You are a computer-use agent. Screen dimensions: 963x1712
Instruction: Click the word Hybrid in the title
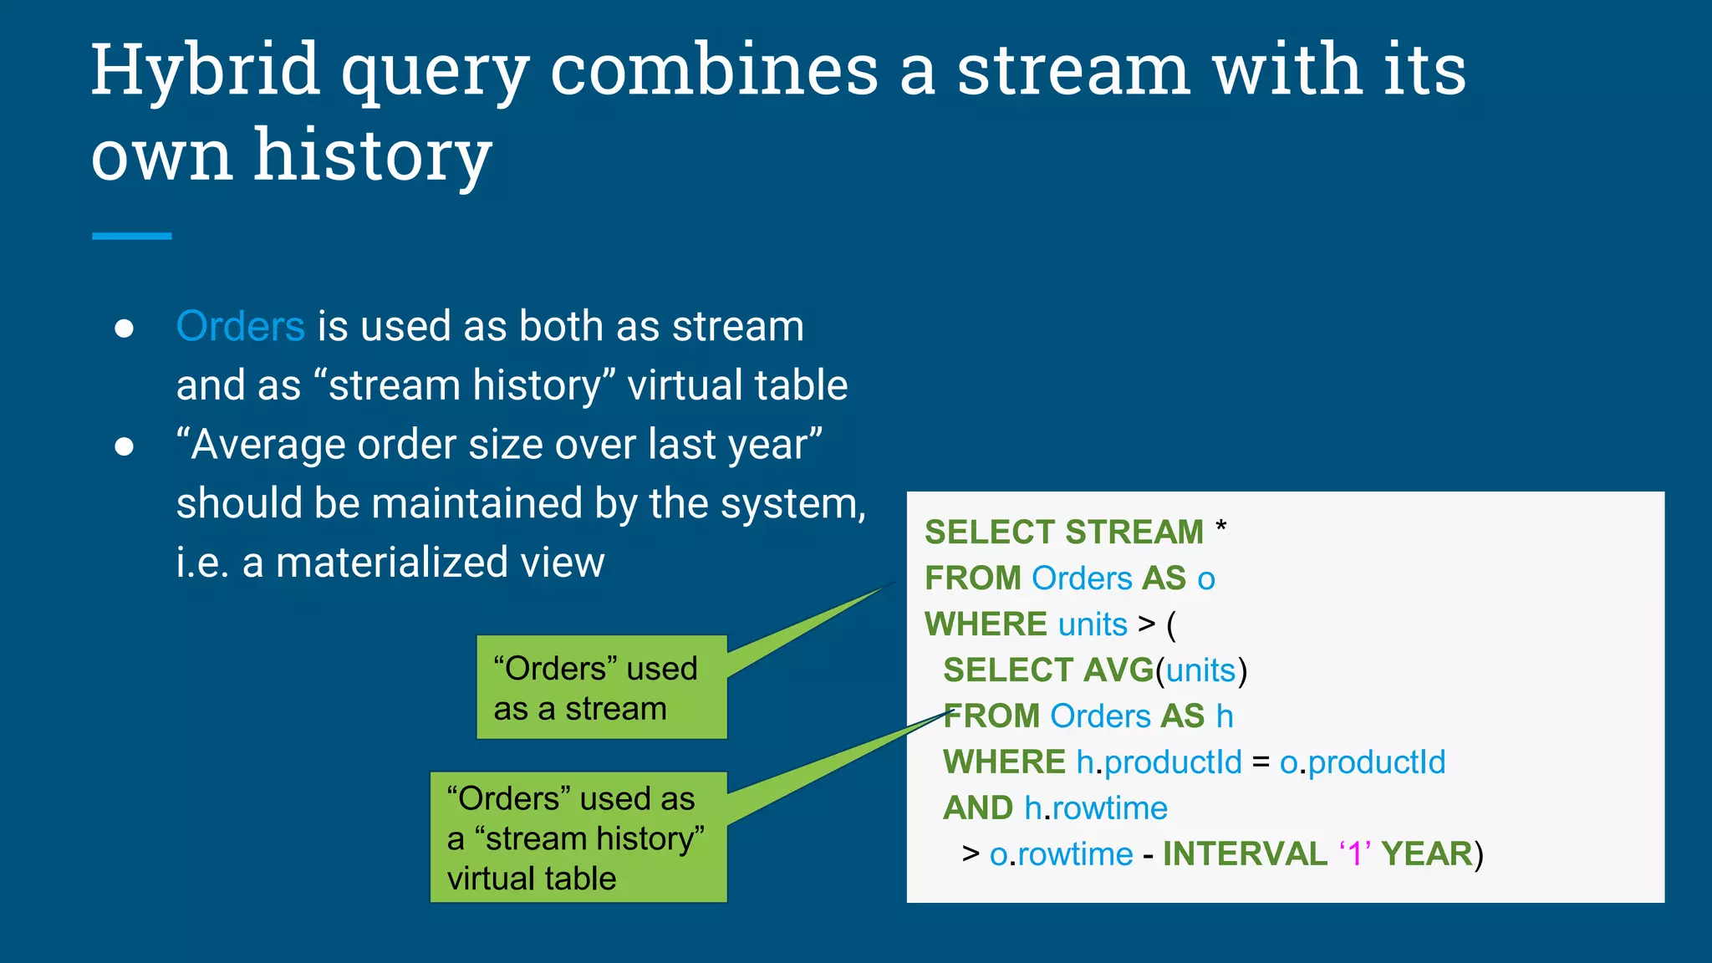click(x=205, y=71)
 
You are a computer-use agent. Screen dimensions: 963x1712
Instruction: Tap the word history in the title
click(x=373, y=155)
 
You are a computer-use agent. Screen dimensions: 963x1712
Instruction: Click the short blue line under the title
click(x=131, y=237)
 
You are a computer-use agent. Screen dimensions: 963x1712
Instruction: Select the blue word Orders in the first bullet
click(x=240, y=326)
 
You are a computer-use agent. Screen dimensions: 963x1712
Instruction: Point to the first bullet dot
click(x=125, y=329)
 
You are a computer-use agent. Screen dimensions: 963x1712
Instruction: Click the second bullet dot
click(x=125, y=447)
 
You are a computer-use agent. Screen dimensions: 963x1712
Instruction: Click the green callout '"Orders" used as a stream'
click(x=601, y=688)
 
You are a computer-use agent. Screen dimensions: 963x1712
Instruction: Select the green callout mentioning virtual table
click(x=578, y=838)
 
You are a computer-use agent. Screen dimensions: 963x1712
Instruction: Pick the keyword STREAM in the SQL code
click(x=1134, y=532)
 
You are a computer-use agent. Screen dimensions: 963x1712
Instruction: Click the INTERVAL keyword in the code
click(x=1244, y=854)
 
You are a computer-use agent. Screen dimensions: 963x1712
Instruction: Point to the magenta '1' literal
click(x=1355, y=854)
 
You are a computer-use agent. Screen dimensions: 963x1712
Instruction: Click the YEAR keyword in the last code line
click(x=1426, y=854)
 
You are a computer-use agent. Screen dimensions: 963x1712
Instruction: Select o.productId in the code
click(x=1363, y=762)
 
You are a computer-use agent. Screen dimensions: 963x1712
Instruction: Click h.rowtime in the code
click(x=1096, y=808)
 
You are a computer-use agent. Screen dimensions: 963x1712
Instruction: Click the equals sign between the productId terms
click(x=1261, y=762)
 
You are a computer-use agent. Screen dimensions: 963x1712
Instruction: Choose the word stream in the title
click(x=1073, y=71)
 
